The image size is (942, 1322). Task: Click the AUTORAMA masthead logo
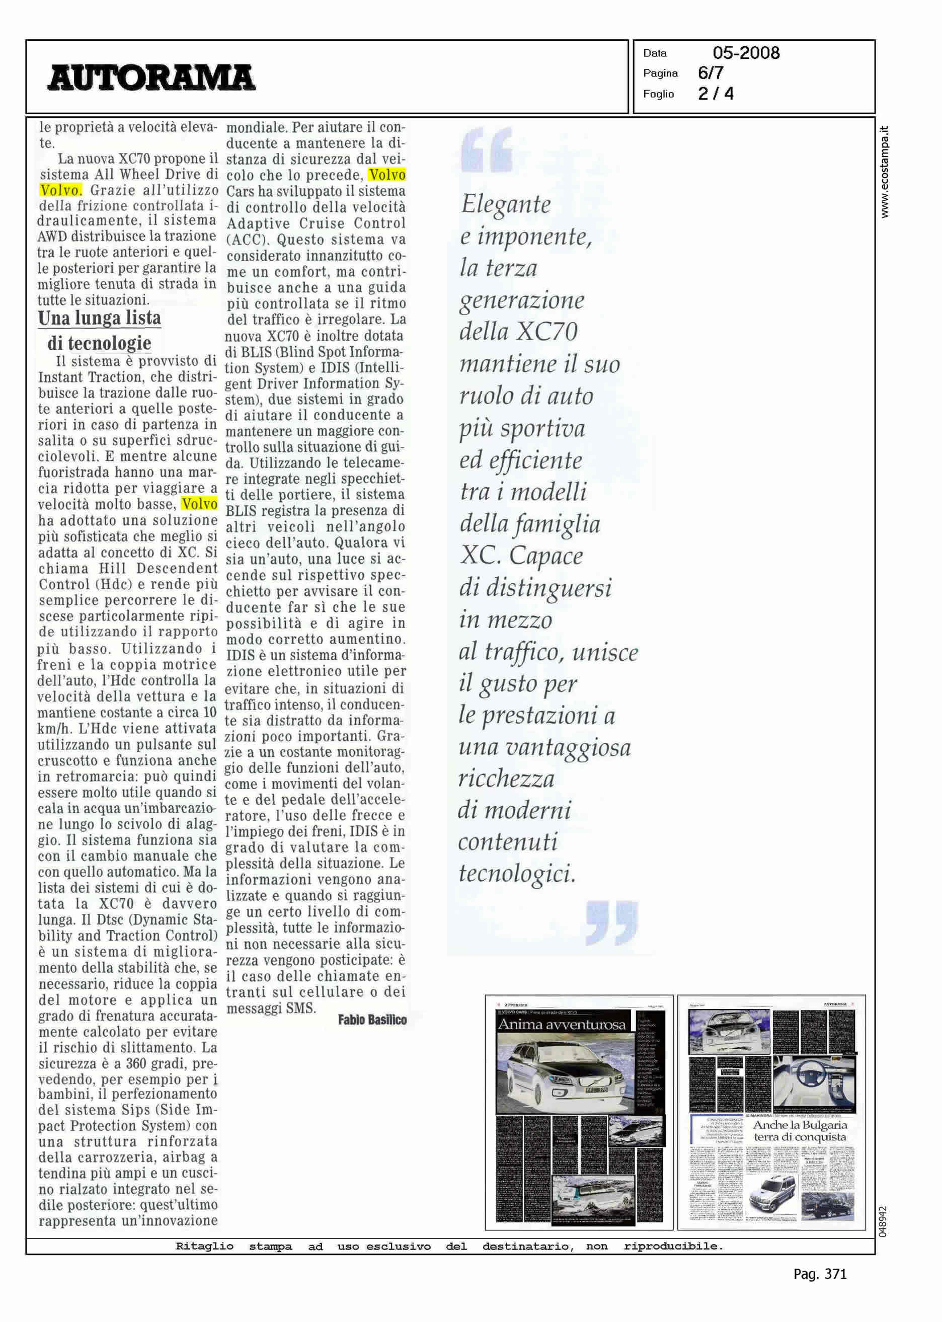(151, 77)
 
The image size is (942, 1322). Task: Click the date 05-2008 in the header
(746, 53)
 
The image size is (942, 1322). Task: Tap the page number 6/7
(711, 73)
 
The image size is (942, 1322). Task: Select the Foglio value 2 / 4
(716, 94)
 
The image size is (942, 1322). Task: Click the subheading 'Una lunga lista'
(99, 318)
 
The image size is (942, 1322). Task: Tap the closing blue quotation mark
(612, 922)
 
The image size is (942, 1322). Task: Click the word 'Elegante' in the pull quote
(506, 205)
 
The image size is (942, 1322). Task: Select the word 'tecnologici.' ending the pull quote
(517, 874)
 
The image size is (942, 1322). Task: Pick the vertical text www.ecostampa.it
(884, 172)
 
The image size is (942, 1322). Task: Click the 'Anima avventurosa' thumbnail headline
(562, 1025)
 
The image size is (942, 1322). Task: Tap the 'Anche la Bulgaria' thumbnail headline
(800, 1125)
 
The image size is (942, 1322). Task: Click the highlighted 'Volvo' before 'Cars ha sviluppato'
(387, 175)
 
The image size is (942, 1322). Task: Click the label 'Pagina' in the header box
(660, 73)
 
